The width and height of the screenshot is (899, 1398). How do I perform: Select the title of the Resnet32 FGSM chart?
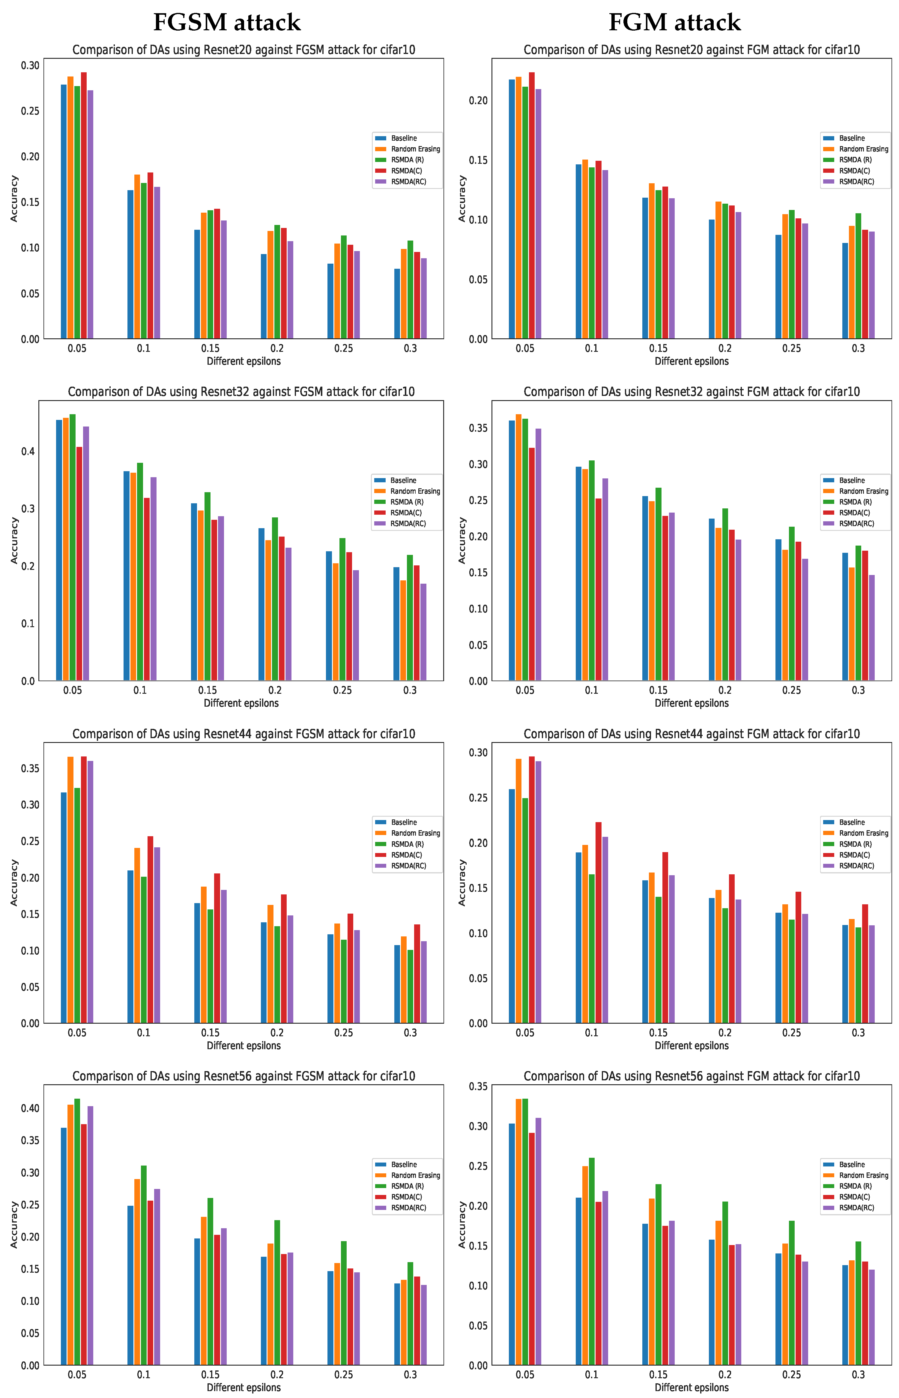pos(241,392)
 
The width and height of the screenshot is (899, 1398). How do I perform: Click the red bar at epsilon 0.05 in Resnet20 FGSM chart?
pos(83,204)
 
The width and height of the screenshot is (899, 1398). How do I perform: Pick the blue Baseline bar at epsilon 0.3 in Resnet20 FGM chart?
pos(845,290)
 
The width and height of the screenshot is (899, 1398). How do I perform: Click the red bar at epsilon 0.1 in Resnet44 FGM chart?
pos(598,922)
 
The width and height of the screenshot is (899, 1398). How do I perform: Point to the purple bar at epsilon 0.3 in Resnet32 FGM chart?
pos(872,627)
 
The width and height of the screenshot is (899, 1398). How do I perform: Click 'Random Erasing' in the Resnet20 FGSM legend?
pos(415,149)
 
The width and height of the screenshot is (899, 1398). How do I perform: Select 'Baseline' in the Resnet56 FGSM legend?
pos(403,1165)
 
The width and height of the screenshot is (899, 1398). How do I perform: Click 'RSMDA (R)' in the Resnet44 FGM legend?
pos(855,844)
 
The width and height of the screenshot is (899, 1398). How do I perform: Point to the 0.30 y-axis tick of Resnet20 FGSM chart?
pos(30,65)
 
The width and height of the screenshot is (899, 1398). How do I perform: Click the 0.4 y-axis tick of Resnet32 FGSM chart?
pos(28,451)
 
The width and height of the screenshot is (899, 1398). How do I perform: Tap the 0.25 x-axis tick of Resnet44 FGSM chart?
pos(344,1033)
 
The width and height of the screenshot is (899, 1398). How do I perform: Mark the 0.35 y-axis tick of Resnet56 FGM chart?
pos(478,1086)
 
